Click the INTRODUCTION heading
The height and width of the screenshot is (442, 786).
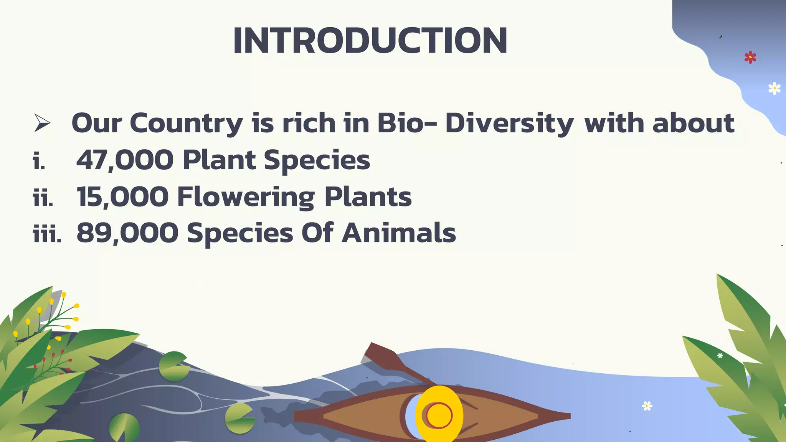pyautogui.click(x=370, y=41)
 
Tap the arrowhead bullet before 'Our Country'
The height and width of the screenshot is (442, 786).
pyautogui.click(x=42, y=123)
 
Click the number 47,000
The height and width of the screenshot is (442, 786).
pyautogui.click(x=125, y=160)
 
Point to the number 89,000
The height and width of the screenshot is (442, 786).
pyautogui.click(x=127, y=233)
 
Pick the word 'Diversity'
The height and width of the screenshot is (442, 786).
pyautogui.click(x=509, y=124)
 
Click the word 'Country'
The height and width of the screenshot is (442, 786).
pyautogui.click(x=186, y=124)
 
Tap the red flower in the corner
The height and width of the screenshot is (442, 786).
pyautogui.click(x=750, y=58)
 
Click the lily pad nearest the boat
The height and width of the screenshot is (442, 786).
pyautogui.click(x=239, y=418)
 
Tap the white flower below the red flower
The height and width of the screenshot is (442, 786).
pyautogui.click(x=774, y=88)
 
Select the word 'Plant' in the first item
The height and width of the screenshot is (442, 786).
pyautogui.click(x=219, y=160)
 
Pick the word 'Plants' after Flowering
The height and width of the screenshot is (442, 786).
pyautogui.click(x=368, y=197)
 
